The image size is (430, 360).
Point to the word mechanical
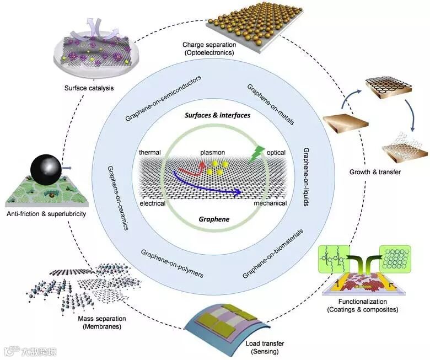tap(270, 203)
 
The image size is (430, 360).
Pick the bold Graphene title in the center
tap(214, 219)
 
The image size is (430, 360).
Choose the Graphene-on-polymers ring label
tap(172, 264)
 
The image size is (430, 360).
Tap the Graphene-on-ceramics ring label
tap(116, 191)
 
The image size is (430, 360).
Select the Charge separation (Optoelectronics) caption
tap(209, 49)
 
